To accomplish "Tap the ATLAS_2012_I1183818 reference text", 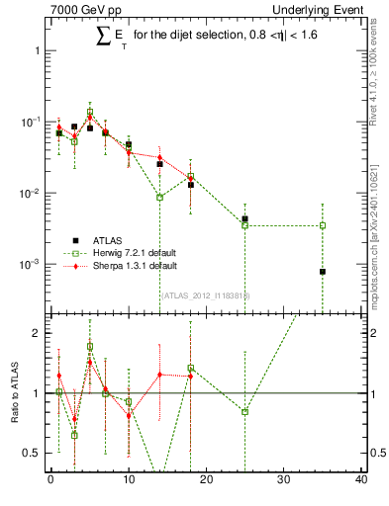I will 205,295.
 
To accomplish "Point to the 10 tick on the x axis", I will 129,480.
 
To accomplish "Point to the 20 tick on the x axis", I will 207,480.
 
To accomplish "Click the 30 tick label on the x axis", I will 284,480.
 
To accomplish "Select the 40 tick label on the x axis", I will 361,480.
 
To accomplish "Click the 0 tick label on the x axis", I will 50,480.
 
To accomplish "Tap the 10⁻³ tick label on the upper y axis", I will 31,265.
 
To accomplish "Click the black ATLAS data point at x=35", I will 323,271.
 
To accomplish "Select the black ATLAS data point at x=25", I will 244,218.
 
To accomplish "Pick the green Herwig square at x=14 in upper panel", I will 159,198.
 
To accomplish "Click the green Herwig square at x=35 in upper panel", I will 323,225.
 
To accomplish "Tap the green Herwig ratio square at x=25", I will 244,411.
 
